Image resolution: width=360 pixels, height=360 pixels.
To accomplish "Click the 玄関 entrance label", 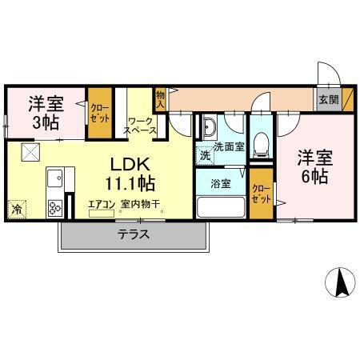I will [x=327, y=100].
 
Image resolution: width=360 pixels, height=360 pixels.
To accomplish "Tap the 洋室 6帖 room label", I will [x=313, y=166].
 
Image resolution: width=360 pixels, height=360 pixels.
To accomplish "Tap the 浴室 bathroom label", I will [x=221, y=183].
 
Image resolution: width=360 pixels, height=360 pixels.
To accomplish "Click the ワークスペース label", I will [x=142, y=126].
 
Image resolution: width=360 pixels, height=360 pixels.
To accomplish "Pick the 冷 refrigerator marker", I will [x=16, y=210].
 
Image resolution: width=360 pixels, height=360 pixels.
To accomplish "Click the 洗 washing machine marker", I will [x=205, y=154].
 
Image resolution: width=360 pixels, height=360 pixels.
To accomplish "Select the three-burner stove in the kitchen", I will [x=56, y=207].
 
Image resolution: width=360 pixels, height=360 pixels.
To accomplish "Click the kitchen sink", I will [x=54, y=176].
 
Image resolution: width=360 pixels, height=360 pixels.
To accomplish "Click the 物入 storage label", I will [x=160, y=98].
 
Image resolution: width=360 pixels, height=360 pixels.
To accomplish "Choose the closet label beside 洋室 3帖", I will [x=100, y=112].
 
